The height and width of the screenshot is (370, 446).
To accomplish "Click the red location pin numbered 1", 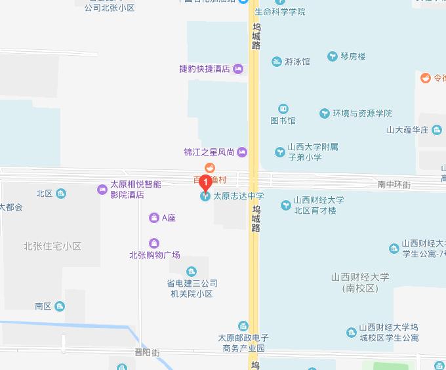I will coord(206,182).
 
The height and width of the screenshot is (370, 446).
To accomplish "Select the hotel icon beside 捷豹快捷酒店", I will coord(237,69).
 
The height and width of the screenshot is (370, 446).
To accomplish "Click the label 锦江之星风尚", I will coord(209,152).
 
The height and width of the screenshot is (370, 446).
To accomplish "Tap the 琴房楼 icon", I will coord(333,57).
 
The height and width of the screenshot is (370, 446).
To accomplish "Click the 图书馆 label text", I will coord(283,121).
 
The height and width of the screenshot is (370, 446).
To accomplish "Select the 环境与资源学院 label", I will coord(361,113).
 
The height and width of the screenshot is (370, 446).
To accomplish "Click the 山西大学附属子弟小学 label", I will coord(313,152).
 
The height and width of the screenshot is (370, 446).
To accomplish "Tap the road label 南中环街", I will coord(394,186).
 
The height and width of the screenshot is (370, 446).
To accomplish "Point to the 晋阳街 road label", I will coord(147,352).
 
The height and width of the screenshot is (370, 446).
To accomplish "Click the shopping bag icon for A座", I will coord(153,218).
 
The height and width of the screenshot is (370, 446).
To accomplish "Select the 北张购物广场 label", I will coord(155,255).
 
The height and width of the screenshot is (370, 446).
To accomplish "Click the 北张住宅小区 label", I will coord(52,247).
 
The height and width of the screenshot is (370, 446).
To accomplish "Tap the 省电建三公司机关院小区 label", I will coord(192,289).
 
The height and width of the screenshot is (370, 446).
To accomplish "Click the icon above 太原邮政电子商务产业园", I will coord(243,325).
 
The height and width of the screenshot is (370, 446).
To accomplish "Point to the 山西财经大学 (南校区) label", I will coord(360,282).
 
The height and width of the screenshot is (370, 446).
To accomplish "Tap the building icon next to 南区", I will coord(60,306).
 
